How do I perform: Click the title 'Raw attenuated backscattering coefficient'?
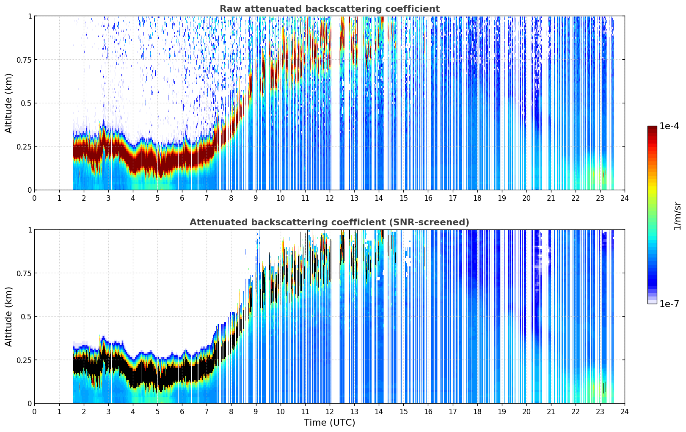click(330, 8)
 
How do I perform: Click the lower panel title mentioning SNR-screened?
click(330, 222)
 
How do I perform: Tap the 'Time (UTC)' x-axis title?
click(330, 423)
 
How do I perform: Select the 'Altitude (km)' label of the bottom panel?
click(8, 316)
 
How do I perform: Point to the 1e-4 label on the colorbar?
click(669, 126)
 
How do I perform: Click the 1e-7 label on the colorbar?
click(669, 304)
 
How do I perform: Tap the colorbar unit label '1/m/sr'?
click(677, 216)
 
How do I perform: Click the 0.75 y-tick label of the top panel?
click(24, 60)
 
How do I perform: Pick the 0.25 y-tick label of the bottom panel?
click(24, 360)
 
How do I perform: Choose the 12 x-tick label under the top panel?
click(330, 198)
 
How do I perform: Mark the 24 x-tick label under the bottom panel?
click(625, 412)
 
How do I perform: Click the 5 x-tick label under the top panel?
click(157, 198)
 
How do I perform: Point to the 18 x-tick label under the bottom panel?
click(477, 412)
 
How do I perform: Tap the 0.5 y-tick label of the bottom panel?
click(26, 316)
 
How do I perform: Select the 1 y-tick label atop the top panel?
click(30, 16)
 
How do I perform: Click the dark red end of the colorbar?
click(652, 127)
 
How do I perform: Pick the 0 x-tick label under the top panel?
click(34, 198)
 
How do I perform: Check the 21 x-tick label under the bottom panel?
click(551, 412)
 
